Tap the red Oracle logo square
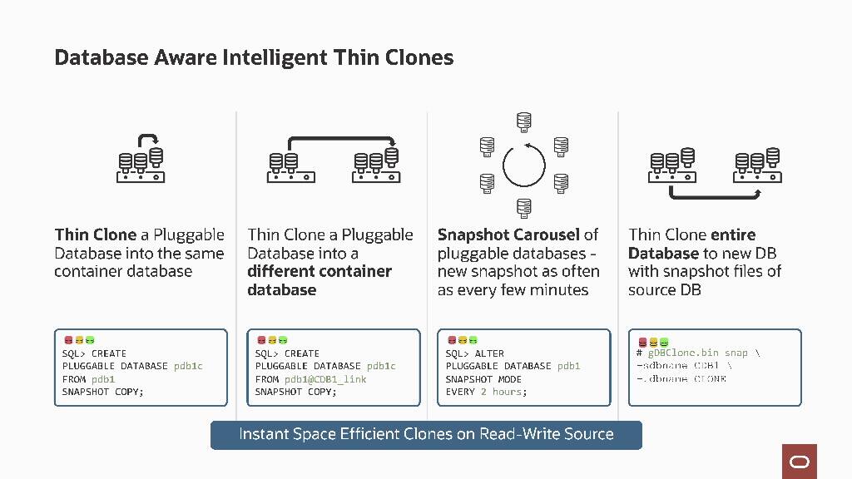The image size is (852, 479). [800, 461]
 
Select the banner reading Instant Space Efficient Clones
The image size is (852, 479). [426, 434]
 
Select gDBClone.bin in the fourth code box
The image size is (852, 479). [683, 353]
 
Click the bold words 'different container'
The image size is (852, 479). [319, 271]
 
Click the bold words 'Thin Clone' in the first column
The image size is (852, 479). [95, 235]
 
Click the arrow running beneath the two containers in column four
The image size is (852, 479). [716, 195]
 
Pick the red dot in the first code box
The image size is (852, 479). [68, 339]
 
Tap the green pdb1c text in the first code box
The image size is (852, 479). [188, 366]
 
